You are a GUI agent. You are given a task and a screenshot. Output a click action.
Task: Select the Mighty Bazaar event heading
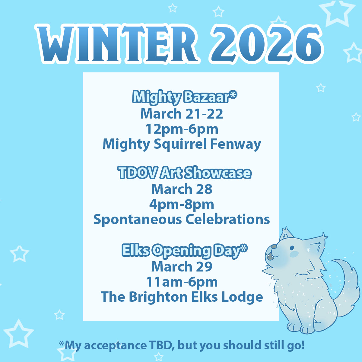pyautogui.click(x=185, y=97)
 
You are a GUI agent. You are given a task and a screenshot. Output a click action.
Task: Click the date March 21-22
pyautogui.click(x=182, y=114)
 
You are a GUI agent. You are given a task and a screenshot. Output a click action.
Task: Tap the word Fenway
pyautogui.click(x=236, y=144)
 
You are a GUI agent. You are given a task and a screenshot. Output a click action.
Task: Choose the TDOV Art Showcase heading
pyautogui.click(x=185, y=172)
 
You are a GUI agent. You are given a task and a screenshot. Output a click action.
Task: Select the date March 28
pyautogui.click(x=182, y=189)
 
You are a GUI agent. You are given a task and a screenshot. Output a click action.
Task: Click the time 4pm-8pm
pyautogui.click(x=182, y=205)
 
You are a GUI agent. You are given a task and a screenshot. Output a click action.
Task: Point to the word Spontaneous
pyautogui.click(x=138, y=219)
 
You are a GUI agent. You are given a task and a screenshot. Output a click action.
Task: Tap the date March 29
pyautogui.click(x=182, y=266)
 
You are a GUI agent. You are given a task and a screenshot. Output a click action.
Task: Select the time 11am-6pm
pyautogui.click(x=182, y=282)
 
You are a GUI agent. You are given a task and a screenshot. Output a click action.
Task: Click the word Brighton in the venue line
pyautogui.click(x=158, y=297)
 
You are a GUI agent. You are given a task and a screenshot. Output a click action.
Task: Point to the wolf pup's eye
pyautogui.click(x=292, y=248)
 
